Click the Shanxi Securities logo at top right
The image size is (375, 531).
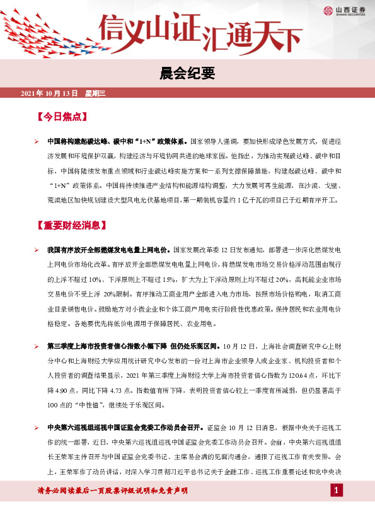[x=343, y=10]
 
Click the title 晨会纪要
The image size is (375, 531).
[x=187, y=74]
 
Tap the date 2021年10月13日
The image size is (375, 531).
[x=49, y=93]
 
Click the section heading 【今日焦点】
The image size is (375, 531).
[x=61, y=117]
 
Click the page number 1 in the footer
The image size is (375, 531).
[x=337, y=491]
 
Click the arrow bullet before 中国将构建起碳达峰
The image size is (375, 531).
[x=37, y=142]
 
